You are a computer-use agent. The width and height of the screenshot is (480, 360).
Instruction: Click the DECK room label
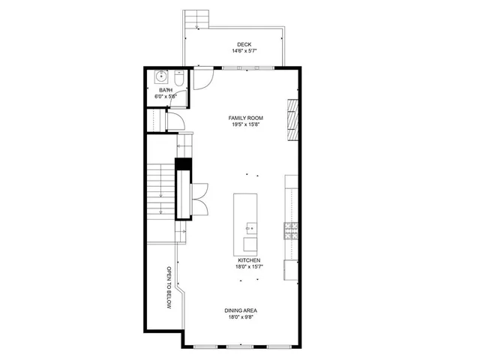[244, 44]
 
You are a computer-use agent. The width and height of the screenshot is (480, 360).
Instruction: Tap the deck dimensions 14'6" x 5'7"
[244, 52]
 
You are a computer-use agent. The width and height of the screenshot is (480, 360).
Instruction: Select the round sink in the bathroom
[160, 76]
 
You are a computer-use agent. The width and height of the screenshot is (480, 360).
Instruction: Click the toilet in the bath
[178, 78]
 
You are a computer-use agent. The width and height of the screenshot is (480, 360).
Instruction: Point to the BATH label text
[165, 90]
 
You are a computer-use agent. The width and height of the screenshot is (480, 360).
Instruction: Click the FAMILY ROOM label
[246, 118]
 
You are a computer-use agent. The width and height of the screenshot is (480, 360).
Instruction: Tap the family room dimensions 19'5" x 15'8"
[246, 125]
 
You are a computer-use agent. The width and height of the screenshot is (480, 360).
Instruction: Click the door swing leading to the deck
[200, 78]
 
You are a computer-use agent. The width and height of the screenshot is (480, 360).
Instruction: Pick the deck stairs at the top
[196, 19]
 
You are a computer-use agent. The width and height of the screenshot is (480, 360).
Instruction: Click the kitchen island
[246, 223]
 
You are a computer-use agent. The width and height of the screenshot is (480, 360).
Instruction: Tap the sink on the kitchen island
[249, 228]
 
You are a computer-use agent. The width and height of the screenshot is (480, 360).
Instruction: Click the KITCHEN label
[249, 259]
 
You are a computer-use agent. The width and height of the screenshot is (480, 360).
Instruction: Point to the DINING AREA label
[244, 310]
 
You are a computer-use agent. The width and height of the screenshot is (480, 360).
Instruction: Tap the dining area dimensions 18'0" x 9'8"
[244, 318]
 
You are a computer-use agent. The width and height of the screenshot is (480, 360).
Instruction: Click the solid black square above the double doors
[181, 166]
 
